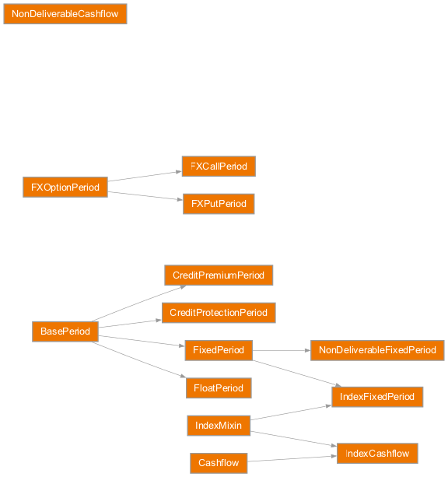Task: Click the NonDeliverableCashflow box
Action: (65, 14)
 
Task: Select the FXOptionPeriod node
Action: (65, 188)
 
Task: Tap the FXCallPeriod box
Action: (219, 167)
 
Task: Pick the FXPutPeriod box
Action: (219, 204)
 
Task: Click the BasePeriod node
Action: (65, 331)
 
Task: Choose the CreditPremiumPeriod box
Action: (219, 275)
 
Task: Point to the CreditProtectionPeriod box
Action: (219, 313)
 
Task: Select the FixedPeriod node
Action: (219, 350)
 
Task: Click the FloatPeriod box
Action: (219, 388)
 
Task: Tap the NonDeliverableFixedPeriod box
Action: (377, 350)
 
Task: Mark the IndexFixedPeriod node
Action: (377, 397)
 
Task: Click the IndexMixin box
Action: (219, 426)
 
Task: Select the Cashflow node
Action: (219, 463)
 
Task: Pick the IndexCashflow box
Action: (377, 454)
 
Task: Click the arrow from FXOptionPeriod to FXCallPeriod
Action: (145, 176)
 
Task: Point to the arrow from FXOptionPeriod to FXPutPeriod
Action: (145, 195)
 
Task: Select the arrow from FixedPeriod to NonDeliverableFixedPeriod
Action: (281, 350)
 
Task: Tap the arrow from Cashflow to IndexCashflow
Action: (292, 459)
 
